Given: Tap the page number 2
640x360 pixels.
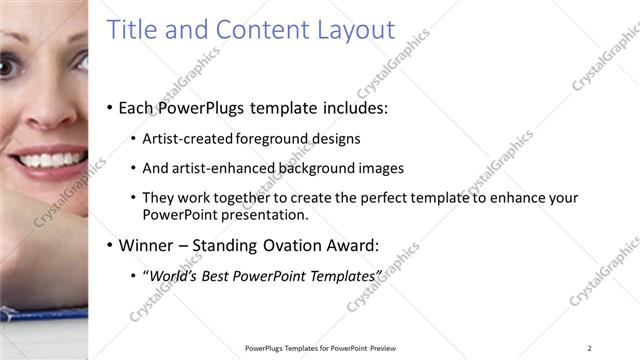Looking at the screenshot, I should pyautogui.click(x=590, y=348).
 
